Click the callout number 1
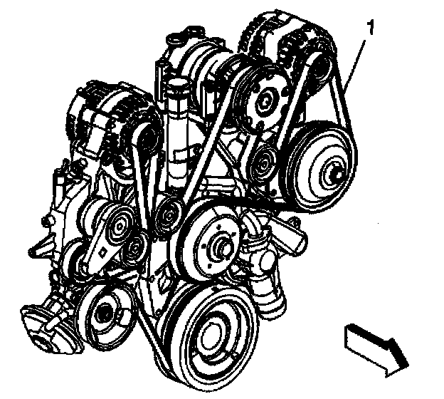[369, 30]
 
